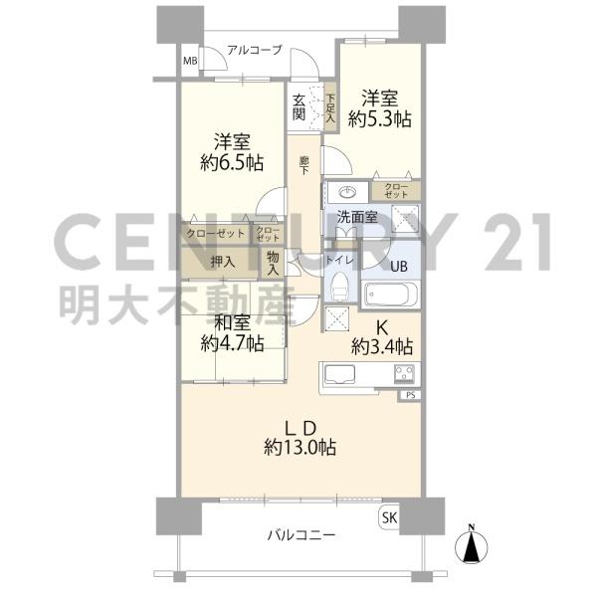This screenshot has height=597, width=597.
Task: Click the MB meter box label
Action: (190, 61)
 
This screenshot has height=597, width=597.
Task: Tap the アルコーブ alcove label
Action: (255, 50)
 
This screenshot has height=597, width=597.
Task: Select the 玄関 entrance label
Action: (298, 107)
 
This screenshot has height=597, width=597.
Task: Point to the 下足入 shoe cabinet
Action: (330, 108)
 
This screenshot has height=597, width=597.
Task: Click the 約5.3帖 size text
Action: (380, 119)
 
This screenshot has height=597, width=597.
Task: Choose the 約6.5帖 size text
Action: (232, 163)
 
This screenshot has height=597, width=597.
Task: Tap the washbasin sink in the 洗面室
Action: (347, 193)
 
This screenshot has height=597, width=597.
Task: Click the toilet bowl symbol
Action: (340, 287)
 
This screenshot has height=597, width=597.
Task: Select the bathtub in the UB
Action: (391, 295)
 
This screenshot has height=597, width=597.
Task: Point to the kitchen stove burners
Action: (404, 373)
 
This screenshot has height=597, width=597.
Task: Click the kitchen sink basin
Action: (339, 374)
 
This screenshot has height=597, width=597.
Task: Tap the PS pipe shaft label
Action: (410, 395)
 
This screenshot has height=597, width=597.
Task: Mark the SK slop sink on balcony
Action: (389, 517)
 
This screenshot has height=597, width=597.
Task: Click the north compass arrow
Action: (472, 546)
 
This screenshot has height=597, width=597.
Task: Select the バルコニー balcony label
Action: (301, 535)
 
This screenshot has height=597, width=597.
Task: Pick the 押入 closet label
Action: (223, 262)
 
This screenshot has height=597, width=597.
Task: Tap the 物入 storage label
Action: (273, 263)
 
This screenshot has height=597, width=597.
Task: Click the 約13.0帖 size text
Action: (300, 448)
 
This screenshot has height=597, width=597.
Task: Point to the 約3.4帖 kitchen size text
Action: (381, 346)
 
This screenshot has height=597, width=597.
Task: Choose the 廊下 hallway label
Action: (303, 165)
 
